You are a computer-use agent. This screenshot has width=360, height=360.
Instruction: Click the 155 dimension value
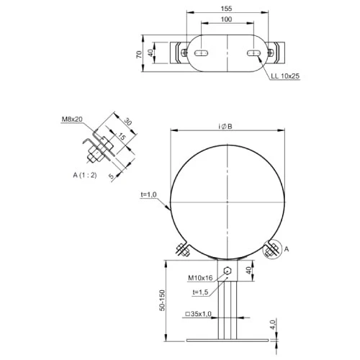(226, 9)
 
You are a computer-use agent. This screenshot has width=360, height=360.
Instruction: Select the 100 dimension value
(226, 19)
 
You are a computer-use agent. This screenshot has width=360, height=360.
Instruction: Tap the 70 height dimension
(139, 55)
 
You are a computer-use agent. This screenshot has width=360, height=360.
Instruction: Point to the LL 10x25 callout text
(285, 76)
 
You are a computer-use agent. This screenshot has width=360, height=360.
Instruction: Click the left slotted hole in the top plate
(201, 53)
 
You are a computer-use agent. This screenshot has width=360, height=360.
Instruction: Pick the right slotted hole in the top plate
(253, 53)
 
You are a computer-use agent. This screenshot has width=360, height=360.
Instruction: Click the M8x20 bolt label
(72, 120)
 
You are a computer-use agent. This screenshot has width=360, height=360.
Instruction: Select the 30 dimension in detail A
(127, 122)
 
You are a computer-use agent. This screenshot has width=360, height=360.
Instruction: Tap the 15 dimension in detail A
(122, 137)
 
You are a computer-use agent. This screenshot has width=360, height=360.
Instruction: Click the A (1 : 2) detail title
(85, 175)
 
